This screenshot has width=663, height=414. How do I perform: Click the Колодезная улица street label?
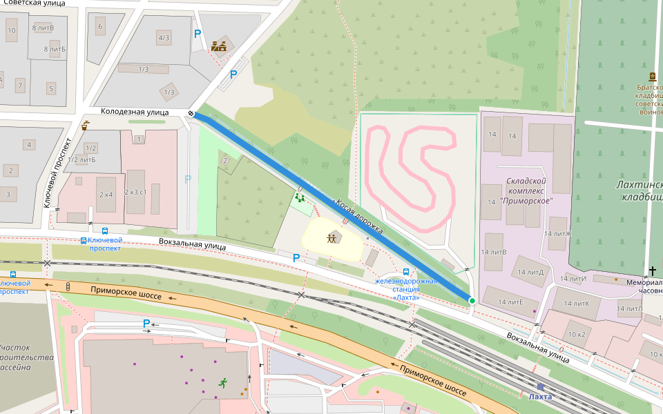coord(135,111)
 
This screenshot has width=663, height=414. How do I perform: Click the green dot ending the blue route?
coord(472,300)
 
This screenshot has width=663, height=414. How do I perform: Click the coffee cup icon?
coord(85,126)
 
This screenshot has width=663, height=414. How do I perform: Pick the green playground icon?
coord(300,198)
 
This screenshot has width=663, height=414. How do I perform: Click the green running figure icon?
coord(222,382)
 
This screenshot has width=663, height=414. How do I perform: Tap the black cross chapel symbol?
coord(652,271)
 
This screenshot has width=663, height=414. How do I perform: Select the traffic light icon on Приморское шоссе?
coord(68,286)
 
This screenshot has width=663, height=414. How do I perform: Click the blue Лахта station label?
coord(539,397)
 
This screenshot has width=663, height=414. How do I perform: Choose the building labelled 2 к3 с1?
coord(135,192)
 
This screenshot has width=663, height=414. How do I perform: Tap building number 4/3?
coord(164,38)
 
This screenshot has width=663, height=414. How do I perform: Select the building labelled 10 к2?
coord(577,334)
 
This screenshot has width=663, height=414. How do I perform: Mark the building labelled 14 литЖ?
coord(558,234)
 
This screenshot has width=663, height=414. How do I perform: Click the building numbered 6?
coord(101,27)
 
